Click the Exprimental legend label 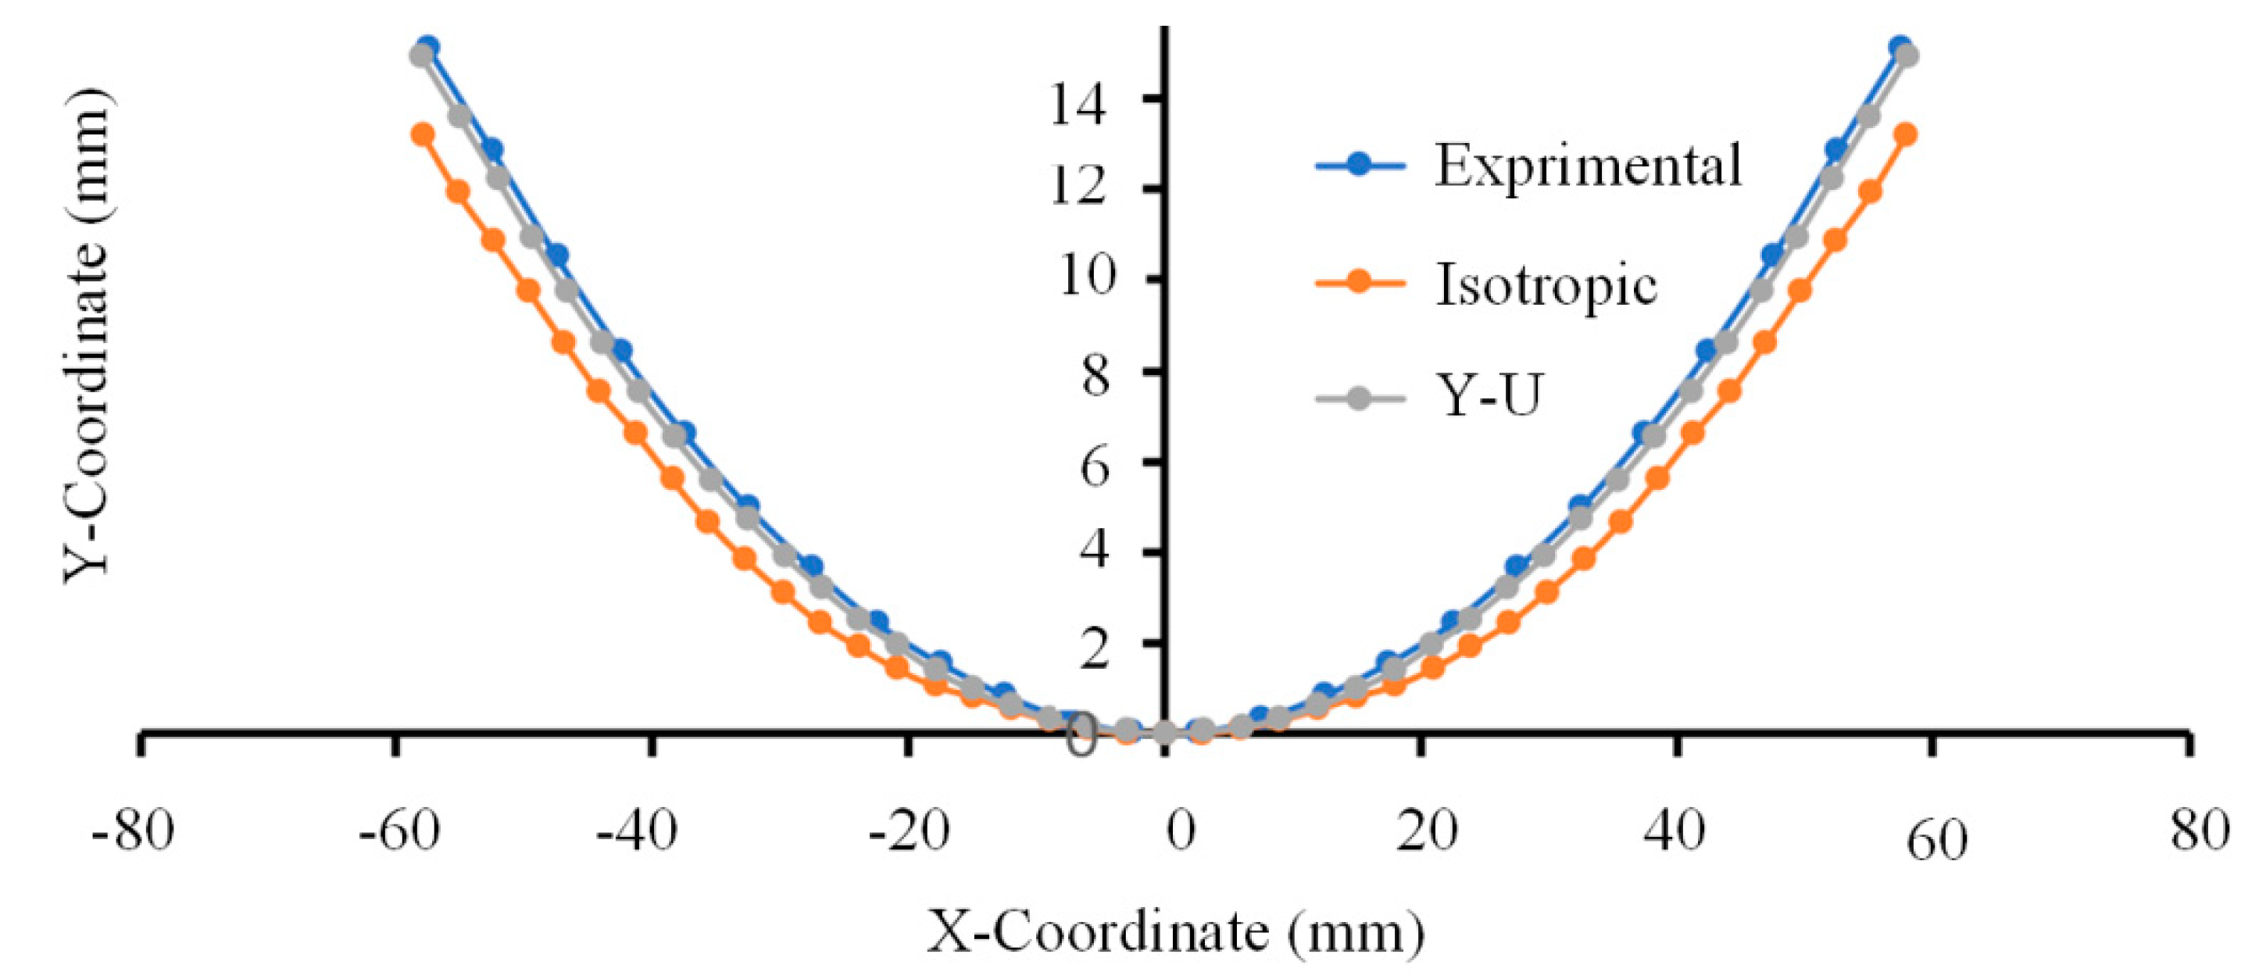tap(1587, 165)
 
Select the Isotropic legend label tap(1546, 284)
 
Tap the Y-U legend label tap(1489, 396)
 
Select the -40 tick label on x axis tap(637, 829)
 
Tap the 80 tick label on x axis tap(2200, 829)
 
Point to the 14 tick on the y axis tap(1078, 105)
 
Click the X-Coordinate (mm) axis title tap(1175, 931)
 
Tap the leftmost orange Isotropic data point tap(424, 134)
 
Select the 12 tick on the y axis tap(1078, 187)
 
